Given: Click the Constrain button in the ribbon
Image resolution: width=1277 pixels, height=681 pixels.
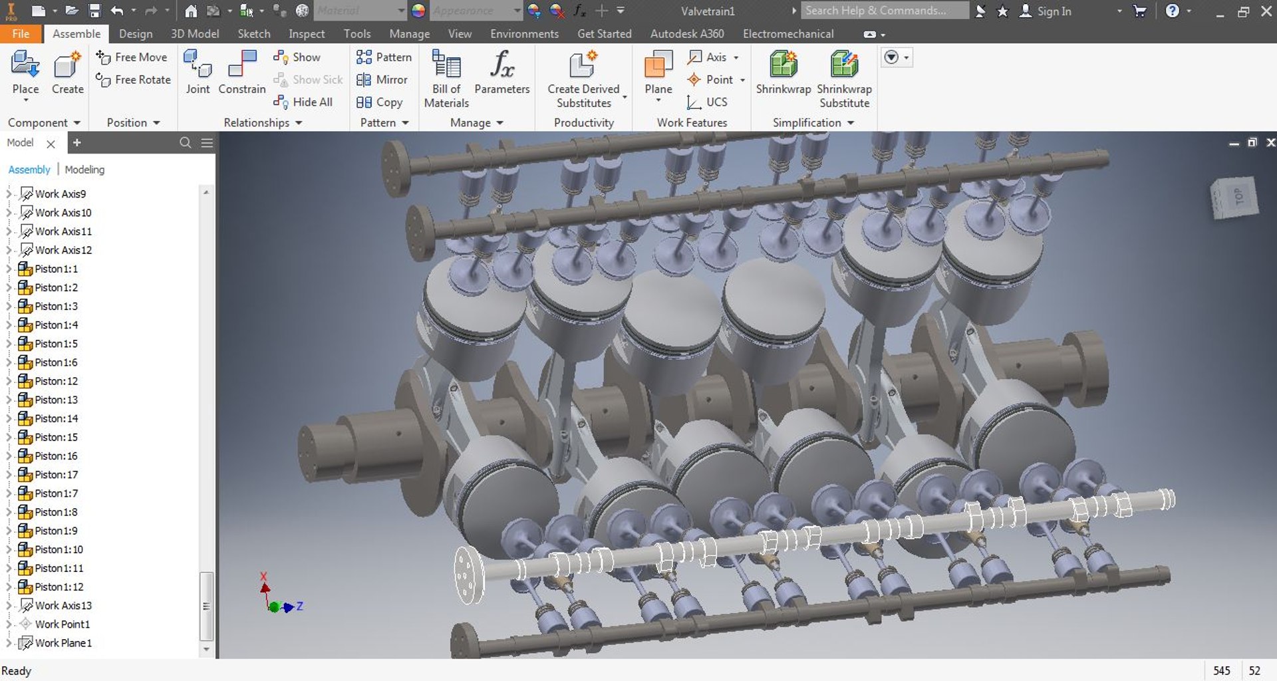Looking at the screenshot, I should click(241, 74).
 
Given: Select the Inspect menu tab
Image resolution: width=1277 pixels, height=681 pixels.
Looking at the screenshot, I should click(307, 34).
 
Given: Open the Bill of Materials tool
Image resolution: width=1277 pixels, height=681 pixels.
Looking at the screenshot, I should click(446, 78).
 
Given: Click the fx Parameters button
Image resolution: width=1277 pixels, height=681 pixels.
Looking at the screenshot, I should click(502, 73).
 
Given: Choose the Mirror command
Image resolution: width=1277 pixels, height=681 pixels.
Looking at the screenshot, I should click(382, 80).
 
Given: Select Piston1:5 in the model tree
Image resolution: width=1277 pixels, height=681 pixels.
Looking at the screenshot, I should click(56, 344).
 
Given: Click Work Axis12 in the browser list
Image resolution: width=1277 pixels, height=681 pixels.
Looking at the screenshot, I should click(63, 250).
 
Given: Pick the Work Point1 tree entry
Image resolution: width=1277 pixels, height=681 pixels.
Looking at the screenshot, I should click(62, 624).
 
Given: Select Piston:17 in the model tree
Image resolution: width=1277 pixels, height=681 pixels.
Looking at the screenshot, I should click(56, 475).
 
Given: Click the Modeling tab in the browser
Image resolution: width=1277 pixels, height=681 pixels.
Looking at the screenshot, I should click(84, 170).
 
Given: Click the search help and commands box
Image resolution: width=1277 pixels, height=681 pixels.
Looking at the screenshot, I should click(883, 11).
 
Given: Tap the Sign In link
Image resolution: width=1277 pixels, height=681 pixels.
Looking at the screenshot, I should click(1054, 11).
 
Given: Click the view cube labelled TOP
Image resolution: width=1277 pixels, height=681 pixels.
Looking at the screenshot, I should click(1235, 198).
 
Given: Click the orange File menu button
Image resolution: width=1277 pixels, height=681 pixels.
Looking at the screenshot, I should click(21, 34).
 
